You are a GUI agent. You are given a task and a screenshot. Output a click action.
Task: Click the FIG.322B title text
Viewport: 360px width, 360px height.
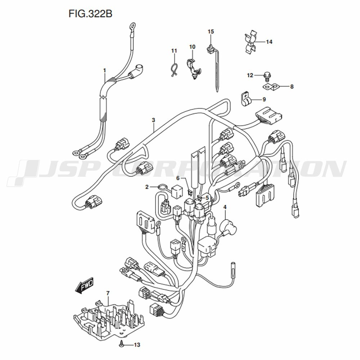[x=90, y=14]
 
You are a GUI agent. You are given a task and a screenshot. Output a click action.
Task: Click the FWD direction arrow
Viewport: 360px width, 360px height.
[x=84, y=285]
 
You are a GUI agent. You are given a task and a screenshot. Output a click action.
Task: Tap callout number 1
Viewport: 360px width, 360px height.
[x=104, y=70]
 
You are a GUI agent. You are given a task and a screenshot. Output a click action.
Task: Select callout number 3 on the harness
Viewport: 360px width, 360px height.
[x=153, y=120]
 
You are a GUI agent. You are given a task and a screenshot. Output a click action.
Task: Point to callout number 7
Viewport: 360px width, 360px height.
[x=108, y=293]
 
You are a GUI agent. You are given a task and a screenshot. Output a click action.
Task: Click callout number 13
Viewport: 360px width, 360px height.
[x=137, y=345]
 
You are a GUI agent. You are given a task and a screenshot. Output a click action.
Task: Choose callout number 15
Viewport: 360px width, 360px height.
[x=211, y=31]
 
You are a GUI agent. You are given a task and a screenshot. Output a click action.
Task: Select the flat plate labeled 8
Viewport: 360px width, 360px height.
[x=270, y=87]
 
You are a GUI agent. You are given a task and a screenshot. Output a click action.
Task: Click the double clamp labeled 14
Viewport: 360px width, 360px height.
[x=251, y=43]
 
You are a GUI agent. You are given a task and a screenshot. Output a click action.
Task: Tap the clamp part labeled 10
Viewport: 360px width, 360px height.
[x=193, y=68]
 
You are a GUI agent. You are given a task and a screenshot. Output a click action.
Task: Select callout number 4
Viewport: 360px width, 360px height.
[x=225, y=207]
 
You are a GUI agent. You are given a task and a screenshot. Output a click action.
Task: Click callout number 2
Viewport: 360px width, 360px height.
[x=147, y=187]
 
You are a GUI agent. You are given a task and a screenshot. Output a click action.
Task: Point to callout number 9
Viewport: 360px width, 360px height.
[x=264, y=99]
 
